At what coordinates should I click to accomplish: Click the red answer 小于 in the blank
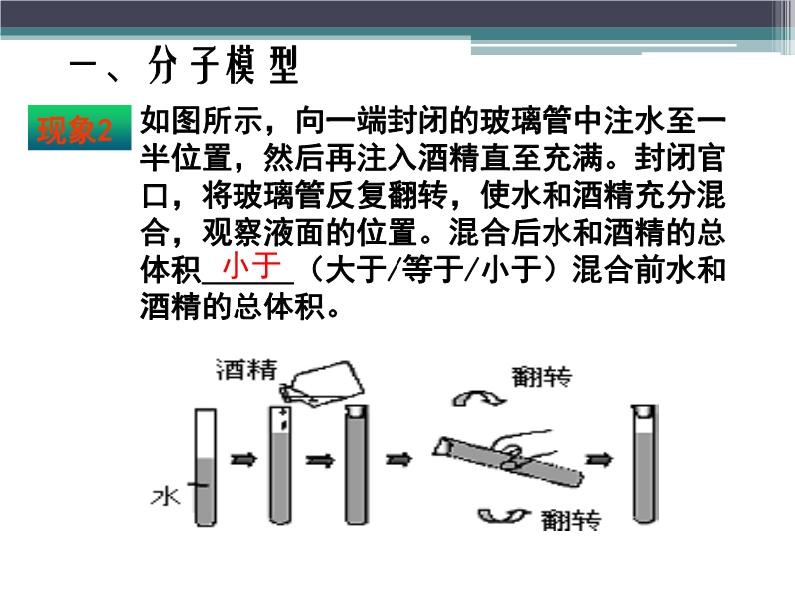(252, 265)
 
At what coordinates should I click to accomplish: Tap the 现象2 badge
(79, 128)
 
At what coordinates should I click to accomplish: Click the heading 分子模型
(223, 65)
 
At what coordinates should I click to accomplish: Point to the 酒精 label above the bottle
(246, 370)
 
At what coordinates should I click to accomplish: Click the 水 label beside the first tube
(165, 497)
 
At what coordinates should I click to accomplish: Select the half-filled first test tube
(206, 467)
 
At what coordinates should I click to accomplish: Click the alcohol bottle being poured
(322, 384)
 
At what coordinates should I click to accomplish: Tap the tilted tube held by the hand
(508, 461)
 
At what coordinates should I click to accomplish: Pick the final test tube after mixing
(644, 464)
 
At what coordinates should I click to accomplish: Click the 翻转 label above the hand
(542, 378)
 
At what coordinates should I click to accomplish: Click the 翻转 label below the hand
(570, 520)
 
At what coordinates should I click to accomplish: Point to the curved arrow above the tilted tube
(479, 398)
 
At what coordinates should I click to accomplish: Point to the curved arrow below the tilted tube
(504, 516)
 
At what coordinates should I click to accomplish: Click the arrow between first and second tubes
(243, 460)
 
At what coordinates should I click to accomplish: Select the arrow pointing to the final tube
(599, 460)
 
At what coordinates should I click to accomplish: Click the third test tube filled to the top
(357, 465)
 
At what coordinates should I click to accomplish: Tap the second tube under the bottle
(280, 465)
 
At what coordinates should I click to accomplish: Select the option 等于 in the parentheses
(433, 269)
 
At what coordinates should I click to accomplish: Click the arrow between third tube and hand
(399, 460)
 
